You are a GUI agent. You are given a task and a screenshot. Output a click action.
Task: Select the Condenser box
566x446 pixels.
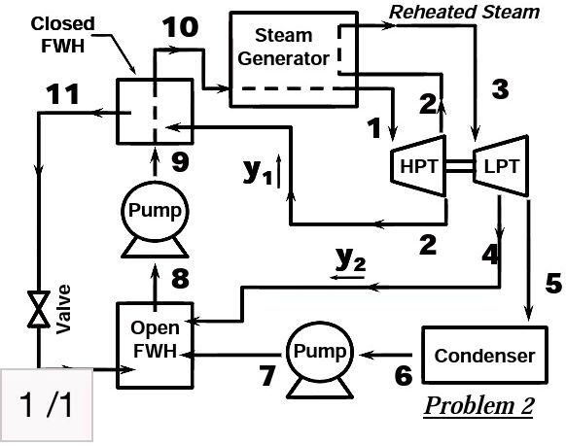pyautogui.click(x=484, y=356)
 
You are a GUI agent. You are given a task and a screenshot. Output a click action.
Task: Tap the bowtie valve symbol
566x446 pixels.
pyautogui.click(x=39, y=309)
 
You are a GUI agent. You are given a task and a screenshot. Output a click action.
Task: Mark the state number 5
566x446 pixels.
pyautogui.click(x=551, y=285)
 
